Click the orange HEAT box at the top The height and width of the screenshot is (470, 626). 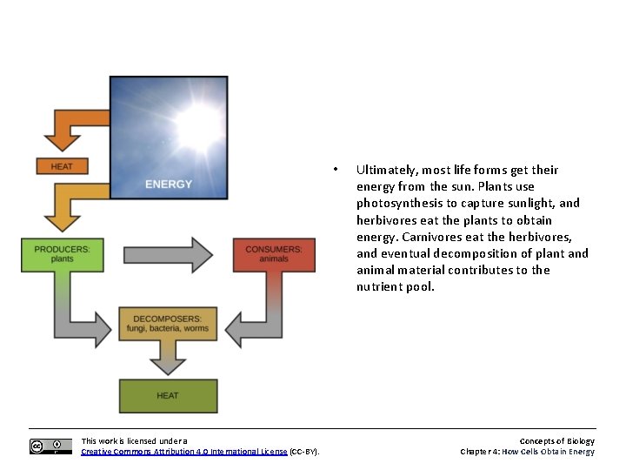click(x=62, y=165)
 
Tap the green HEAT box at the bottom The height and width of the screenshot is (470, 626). click(x=168, y=396)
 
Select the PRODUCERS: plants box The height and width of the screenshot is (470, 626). click(x=62, y=254)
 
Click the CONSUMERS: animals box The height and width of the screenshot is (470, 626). click(x=274, y=254)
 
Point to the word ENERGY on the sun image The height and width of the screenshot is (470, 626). click(x=169, y=184)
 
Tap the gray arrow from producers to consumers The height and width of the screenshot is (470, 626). click(x=168, y=255)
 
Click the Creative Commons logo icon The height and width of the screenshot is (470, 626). click(x=50, y=446)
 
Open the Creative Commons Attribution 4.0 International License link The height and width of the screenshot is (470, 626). click(x=183, y=452)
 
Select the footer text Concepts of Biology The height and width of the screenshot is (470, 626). click(x=556, y=441)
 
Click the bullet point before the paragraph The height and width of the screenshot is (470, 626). click(x=335, y=169)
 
